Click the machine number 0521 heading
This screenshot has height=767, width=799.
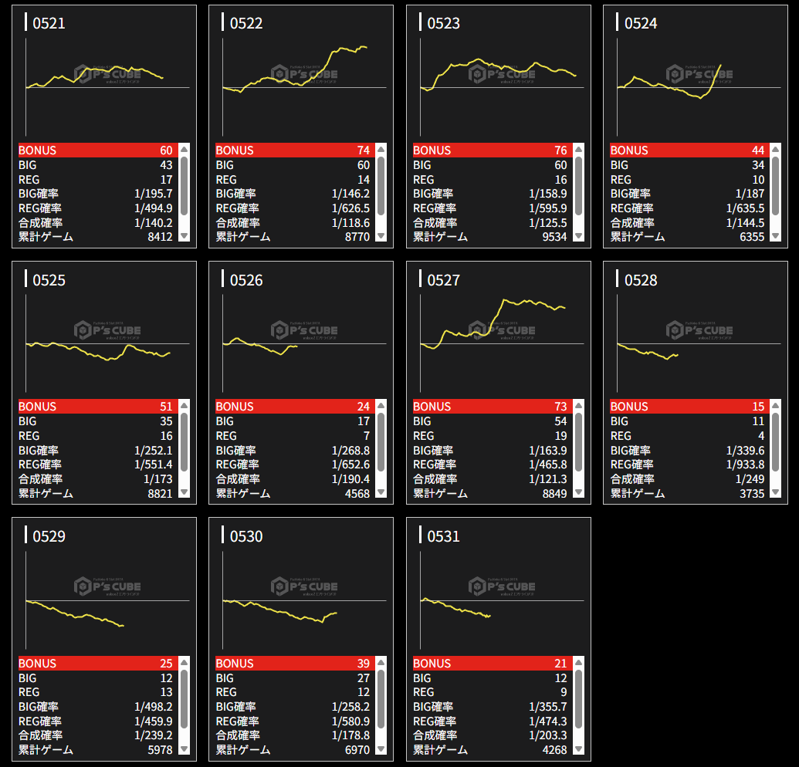click(x=49, y=23)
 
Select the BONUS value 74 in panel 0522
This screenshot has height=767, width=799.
click(x=363, y=150)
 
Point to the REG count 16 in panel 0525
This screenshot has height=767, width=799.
click(x=166, y=436)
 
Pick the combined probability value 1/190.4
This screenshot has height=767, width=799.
click(x=350, y=479)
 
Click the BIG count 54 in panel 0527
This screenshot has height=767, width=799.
click(x=560, y=421)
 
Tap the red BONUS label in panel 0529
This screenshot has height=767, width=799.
click(x=38, y=664)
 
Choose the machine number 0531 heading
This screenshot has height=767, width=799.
click(x=443, y=536)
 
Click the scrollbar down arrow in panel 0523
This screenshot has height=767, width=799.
click(x=578, y=236)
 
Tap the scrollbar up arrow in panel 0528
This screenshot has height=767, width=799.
click(x=775, y=407)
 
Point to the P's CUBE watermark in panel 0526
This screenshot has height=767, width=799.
click(x=304, y=330)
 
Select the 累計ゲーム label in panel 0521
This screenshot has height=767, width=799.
click(x=46, y=237)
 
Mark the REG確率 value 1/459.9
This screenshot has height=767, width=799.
click(x=153, y=721)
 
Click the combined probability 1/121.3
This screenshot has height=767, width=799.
click(x=548, y=479)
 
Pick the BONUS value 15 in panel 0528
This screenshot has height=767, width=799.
click(x=758, y=407)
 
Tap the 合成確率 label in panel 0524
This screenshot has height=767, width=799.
click(x=632, y=222)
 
